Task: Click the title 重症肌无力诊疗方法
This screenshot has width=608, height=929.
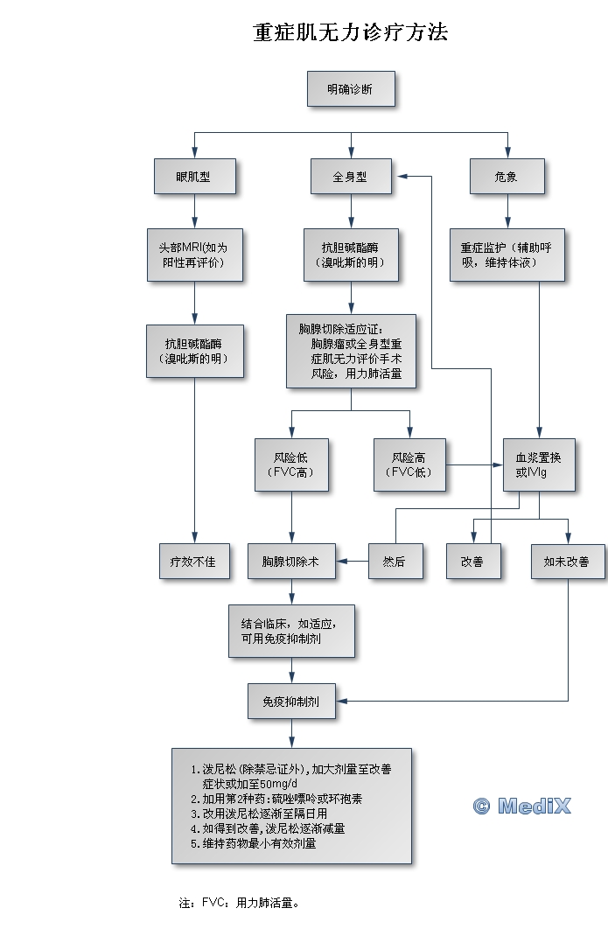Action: pos(351,33)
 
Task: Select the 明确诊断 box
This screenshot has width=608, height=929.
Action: pos(351,89)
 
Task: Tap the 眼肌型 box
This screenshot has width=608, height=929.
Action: pos(193,177)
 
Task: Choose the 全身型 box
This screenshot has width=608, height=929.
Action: pos(351,177)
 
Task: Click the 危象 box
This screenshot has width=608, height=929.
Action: pos(506,177)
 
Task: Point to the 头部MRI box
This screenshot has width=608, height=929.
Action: pos(193,255)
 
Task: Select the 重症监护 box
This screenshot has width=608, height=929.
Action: pos(506,255)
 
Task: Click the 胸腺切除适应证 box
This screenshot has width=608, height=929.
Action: pos(351,352)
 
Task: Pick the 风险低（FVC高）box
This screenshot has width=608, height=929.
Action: pos(290,464)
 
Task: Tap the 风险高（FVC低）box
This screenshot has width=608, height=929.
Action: pos(409,464)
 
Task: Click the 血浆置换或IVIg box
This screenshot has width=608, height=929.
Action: pos(538,464)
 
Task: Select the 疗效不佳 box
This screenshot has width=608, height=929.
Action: pos(193,562)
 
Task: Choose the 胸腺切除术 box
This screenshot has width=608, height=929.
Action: pos(290,562)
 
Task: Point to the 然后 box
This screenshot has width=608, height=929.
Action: pos(395,562)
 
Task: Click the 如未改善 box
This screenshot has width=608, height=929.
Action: pos(567,562)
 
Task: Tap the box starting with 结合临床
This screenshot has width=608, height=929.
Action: pos(290,630)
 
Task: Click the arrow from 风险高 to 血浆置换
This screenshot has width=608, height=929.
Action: pos(473,464)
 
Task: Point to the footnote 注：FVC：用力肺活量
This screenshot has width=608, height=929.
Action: pos(239,902)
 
